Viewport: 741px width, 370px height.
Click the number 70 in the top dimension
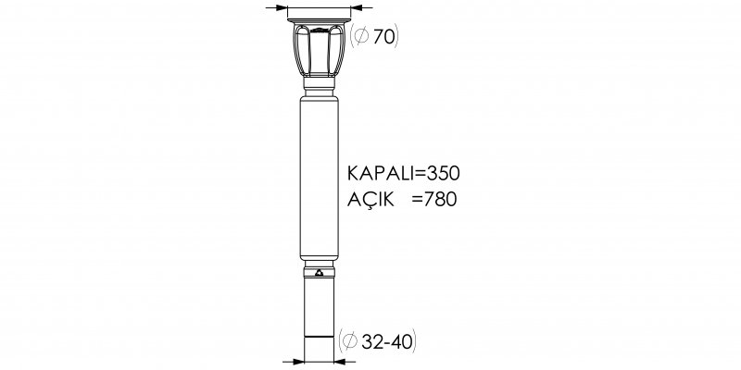[x=383, y=37]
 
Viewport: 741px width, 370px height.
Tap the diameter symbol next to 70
[x=361, y=36]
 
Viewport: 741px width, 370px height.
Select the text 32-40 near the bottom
[x=387, y=340]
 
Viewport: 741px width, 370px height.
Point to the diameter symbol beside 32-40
[x=349, y=340]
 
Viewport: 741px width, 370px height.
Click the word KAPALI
[x=381, y=174]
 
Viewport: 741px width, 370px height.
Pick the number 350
[x=444, y=174]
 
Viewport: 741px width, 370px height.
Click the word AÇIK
[x=370, y=199]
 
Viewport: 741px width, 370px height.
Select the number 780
[x=441, y=200]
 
